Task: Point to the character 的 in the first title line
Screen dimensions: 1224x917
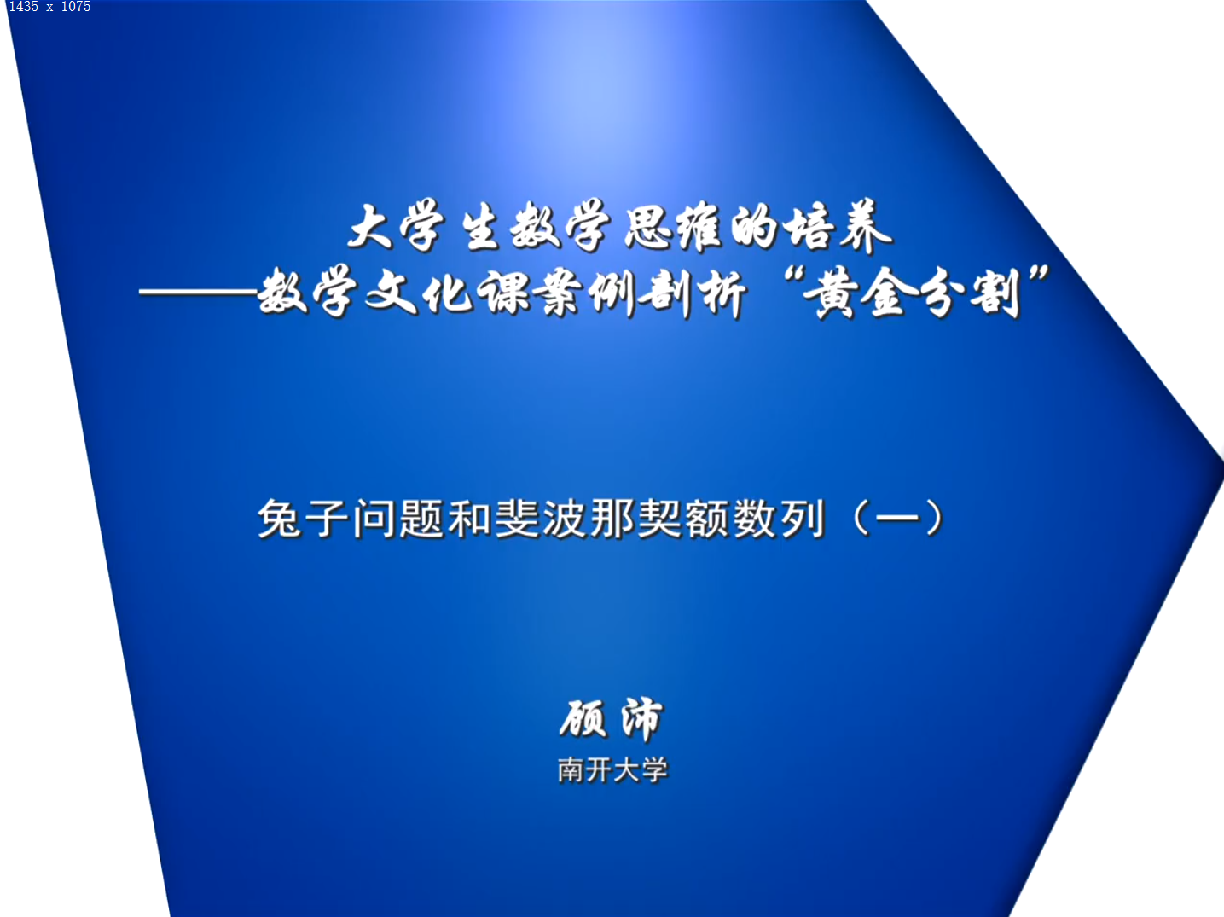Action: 753,227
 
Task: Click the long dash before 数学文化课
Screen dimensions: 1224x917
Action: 198,292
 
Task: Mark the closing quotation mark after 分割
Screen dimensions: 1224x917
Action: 1038,276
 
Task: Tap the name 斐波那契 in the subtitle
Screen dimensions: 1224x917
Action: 589,518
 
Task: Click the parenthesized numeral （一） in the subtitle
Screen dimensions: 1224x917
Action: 898,518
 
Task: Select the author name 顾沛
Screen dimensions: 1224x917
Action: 612,719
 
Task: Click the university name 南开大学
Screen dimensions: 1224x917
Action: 612,769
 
